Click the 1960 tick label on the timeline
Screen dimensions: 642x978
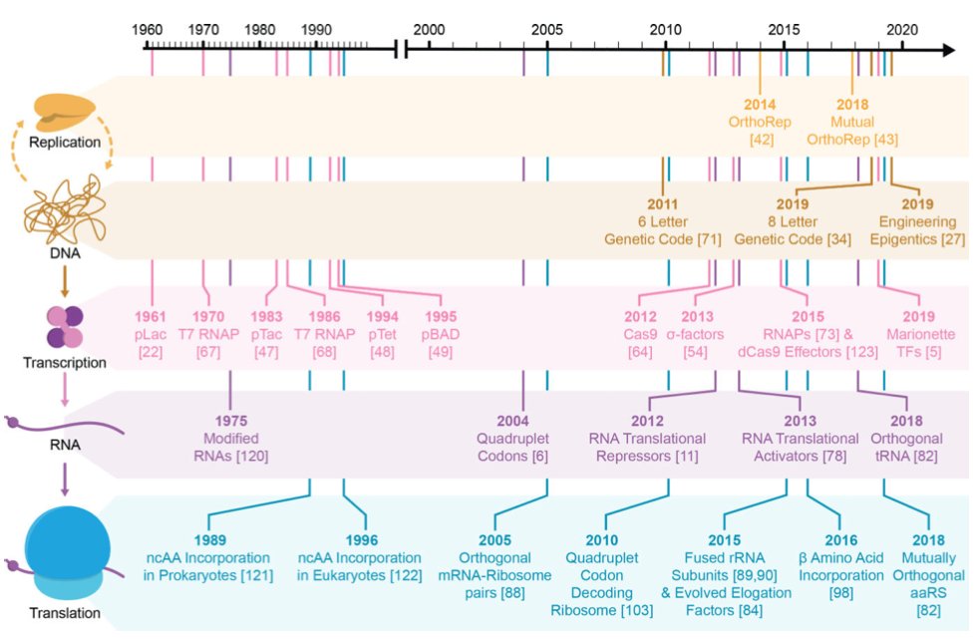(151, 31)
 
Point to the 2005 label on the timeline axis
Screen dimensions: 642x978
(547, 31)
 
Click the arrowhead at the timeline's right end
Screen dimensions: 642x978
(947, 49)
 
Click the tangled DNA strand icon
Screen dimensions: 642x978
(65, 214)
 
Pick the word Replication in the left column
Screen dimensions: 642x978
(65, 143)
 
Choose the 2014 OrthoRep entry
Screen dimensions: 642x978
(760, 121)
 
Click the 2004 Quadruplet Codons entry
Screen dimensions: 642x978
(523, 438)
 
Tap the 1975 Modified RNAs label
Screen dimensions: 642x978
(231, 438)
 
